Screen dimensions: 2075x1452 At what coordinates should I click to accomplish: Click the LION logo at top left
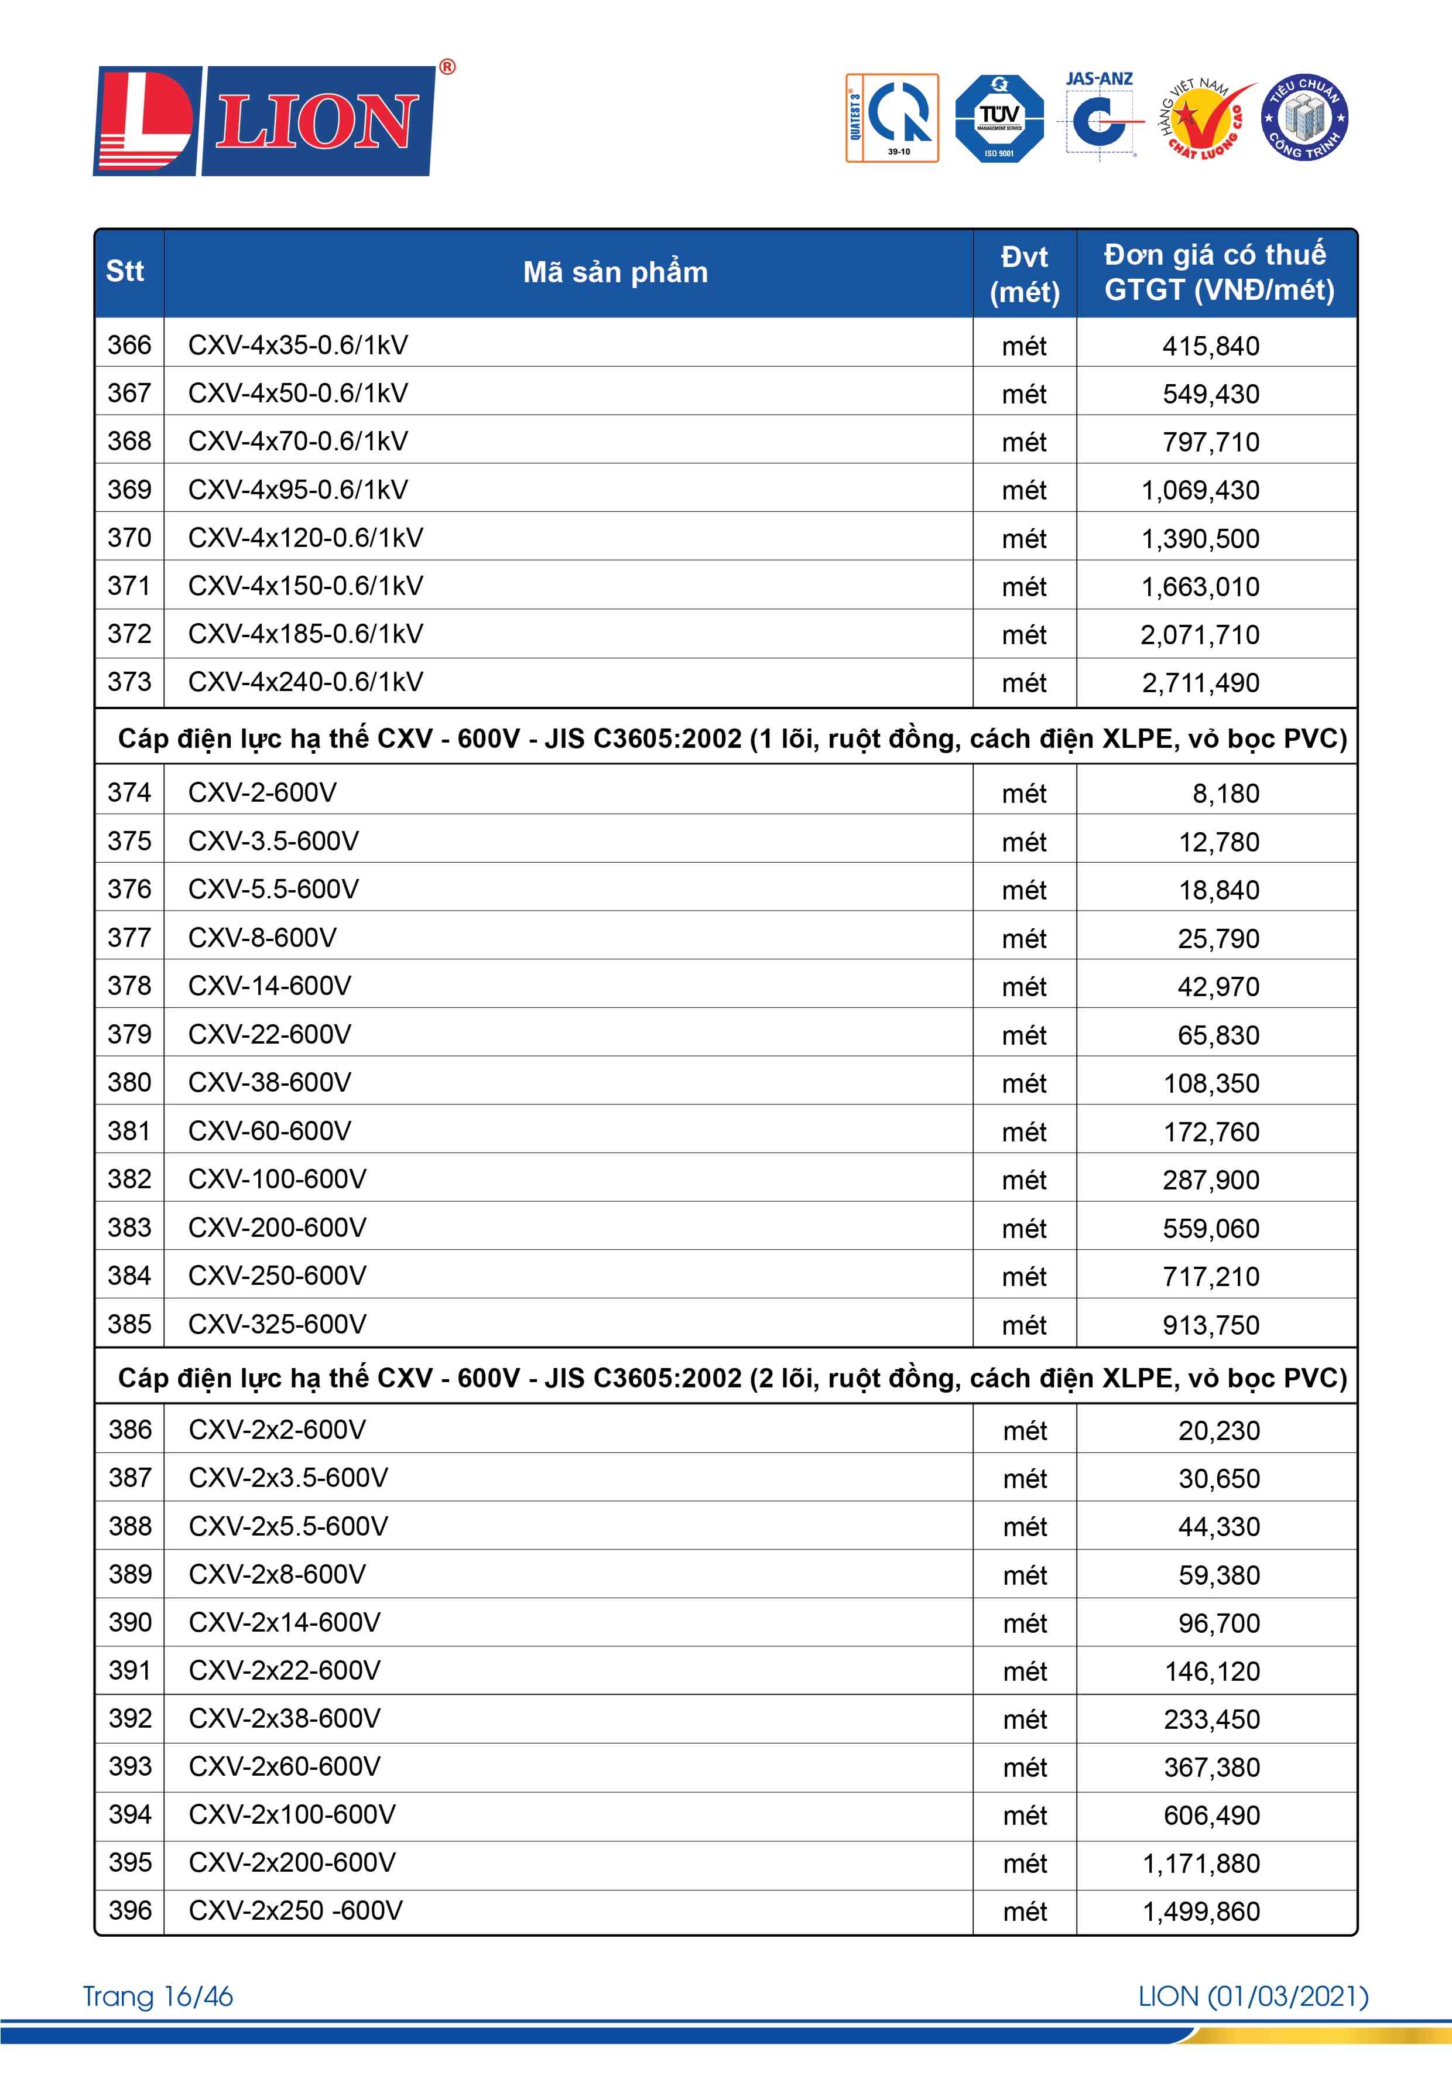(x=265, y=120)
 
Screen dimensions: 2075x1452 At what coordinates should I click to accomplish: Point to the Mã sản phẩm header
(x=615, y=272)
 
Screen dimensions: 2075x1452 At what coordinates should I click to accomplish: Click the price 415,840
(x=1211, y=346)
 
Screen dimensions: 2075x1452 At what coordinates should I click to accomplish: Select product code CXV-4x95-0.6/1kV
(x=298, y=490)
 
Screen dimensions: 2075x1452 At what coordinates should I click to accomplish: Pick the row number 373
(x=129, y=682)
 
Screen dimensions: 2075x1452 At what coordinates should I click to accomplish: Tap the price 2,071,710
(x=1200, y=635)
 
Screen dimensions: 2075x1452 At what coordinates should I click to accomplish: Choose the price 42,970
(x=1218, y=987)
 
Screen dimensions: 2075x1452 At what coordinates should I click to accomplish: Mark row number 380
(x=129, y=1083)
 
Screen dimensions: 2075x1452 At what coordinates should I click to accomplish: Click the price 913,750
(x=1211, y=1325)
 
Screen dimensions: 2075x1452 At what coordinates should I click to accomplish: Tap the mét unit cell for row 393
(x=1025, y=1768)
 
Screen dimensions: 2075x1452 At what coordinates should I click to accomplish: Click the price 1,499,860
(x=1201, y=1912)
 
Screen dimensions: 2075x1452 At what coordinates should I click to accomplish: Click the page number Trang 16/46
(x=158, y=1997)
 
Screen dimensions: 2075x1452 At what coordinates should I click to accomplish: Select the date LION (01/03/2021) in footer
(x=1253, y=1997)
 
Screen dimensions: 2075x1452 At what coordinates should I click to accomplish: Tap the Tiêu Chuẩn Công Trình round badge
(x=1304, y=118)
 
